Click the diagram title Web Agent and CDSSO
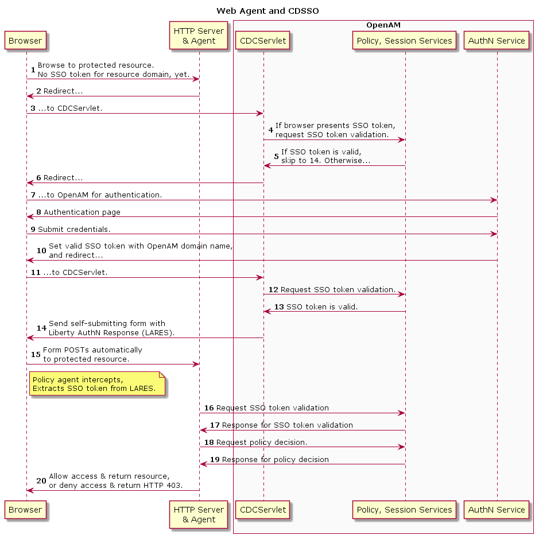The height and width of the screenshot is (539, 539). click(267, 11)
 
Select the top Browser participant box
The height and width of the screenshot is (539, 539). click(25, 41)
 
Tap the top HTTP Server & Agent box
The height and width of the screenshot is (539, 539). click(199, 36)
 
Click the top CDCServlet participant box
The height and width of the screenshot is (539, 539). click(263, 41)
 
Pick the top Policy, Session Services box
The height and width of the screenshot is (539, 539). click(404, 41)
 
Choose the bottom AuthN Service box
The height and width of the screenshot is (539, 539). click(497, 509)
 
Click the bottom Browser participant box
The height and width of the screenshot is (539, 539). click(25, 509)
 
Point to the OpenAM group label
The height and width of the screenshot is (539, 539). click(383, 25)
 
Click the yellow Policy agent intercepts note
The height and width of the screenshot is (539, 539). click(97, 383)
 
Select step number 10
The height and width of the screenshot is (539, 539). click(41, 251)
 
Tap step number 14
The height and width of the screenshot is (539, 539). click(41, 328)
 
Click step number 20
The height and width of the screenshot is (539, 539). click(41, 481)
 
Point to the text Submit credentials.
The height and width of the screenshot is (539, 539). click(74, 229)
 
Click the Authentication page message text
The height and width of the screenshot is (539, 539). click(82, 212)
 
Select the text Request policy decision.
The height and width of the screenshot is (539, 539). click(262, 443)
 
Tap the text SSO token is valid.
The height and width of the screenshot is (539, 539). click(322, 307)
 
